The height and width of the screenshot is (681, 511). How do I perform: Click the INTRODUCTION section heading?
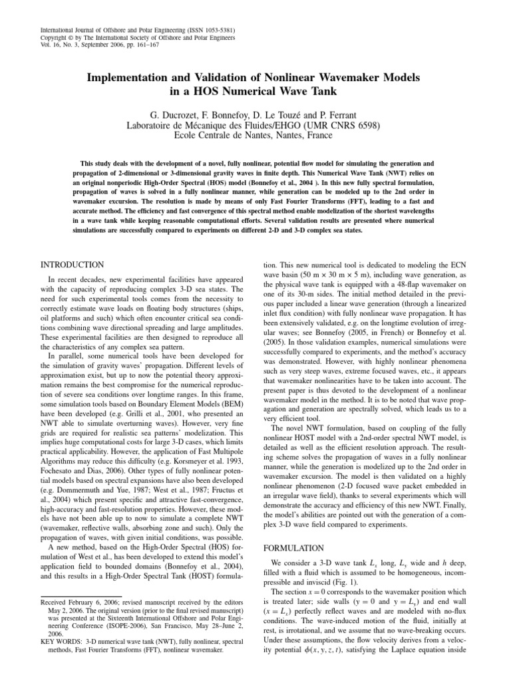72,264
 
